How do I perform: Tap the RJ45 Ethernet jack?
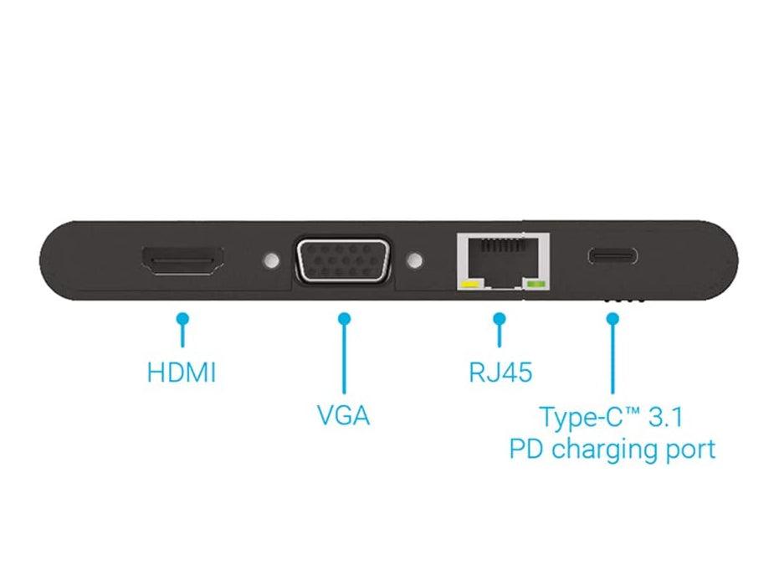point(503,260)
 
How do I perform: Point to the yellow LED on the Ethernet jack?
point(469,285)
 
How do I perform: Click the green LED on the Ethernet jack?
point(535,285)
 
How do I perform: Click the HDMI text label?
point(182,372)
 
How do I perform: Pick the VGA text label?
point(343,415)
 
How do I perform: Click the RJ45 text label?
point(500,372)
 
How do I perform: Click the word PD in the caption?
point(527,449)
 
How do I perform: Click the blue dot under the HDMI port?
point(182,318)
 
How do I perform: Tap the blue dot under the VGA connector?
point(343,318)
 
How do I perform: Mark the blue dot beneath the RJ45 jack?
point(500,318)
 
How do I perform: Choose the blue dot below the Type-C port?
point(612,318)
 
